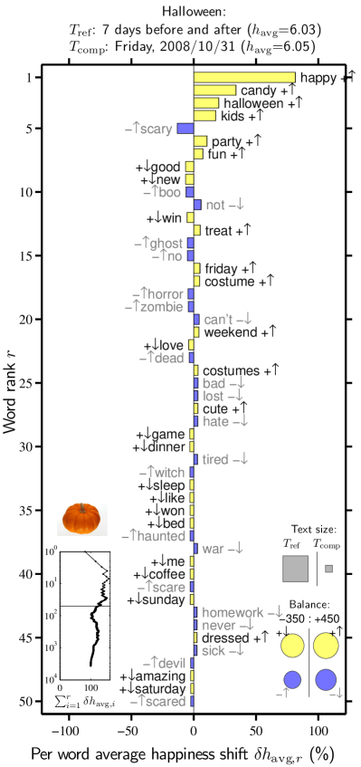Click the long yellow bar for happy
click(244, 78)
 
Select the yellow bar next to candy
click(214, 91)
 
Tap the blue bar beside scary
click(185, 129)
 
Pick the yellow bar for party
click(200, 141)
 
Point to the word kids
click(233, 116)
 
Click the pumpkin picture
click(82, 518)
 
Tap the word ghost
click(166, 244)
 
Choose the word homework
click(233, 613)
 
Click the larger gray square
click(295, 569)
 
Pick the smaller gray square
click(328, 569)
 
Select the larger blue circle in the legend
click(326, 679)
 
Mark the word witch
click(170, 473)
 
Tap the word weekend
click(230, 332)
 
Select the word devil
click(171, 664)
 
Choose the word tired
click(214, 460)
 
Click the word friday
click(221, 269)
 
